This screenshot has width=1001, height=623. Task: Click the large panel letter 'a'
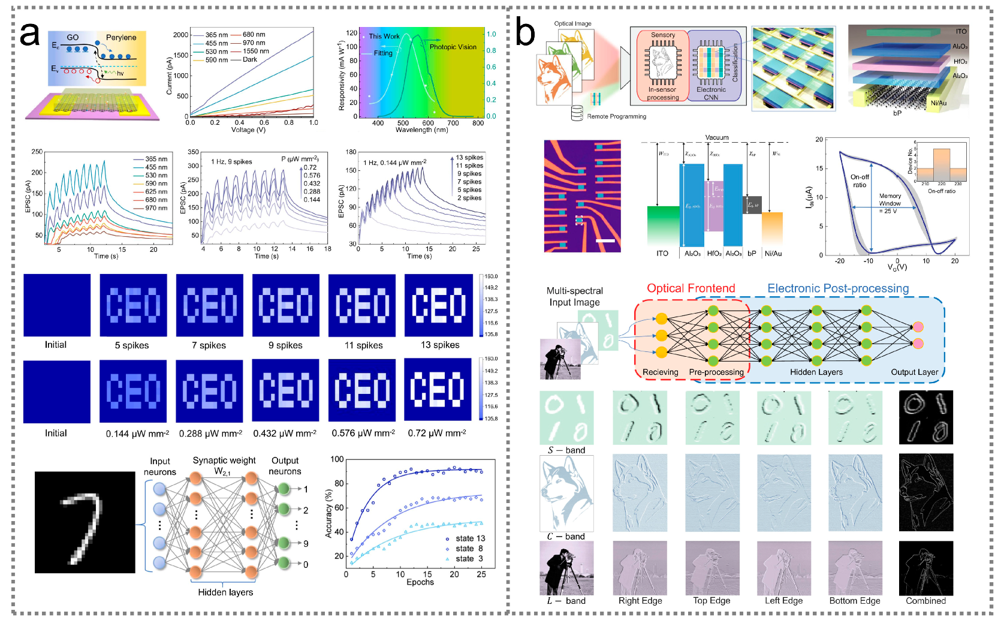[x=29, y=35]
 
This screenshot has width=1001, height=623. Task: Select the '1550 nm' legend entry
[x=255, y=52]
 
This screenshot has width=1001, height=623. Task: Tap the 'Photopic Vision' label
[x=453, y=47]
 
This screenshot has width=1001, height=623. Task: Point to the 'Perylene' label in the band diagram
[x=121, y=37]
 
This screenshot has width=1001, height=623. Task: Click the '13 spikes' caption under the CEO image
[x=440, y=345]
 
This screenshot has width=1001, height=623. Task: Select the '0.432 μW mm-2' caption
[x=285, y=433]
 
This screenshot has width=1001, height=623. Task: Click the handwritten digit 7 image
[x=85, y=522]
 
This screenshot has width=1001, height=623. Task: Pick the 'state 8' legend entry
[x=469, y=548]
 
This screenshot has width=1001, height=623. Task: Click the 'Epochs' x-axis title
[x=420, y=582]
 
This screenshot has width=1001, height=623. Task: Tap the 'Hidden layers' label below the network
[x=225, y=592]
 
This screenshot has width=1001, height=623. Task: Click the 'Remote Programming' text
[x=616, y=116]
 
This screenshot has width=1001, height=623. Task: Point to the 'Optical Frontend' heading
[x=691, y=288]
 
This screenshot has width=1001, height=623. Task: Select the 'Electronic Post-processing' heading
[x=838, y=288]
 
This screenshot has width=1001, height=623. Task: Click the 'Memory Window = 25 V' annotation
[x=890, y=203]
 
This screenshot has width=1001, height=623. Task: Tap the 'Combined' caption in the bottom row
[x=925, y=601]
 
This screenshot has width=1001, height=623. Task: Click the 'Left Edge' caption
[x=783, y=601]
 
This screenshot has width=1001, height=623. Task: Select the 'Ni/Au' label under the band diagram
[x=773, y=254]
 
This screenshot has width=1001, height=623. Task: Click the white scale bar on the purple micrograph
[x=606, y=240]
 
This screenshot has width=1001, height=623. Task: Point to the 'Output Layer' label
[x=914, y=372]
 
